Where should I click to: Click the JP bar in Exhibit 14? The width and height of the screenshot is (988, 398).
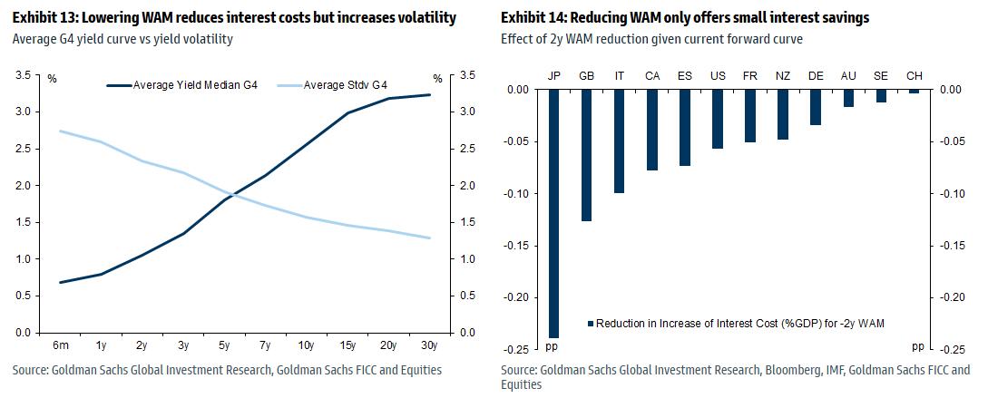[554, 213]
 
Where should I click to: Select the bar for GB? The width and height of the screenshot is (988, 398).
[587, 155]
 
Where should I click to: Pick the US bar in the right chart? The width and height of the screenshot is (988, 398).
[718, 119]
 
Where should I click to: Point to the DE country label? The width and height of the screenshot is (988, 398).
[816, 76]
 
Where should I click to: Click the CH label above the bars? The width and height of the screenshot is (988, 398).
[914, 76]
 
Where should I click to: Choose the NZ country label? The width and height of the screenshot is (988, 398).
[783, 76]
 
